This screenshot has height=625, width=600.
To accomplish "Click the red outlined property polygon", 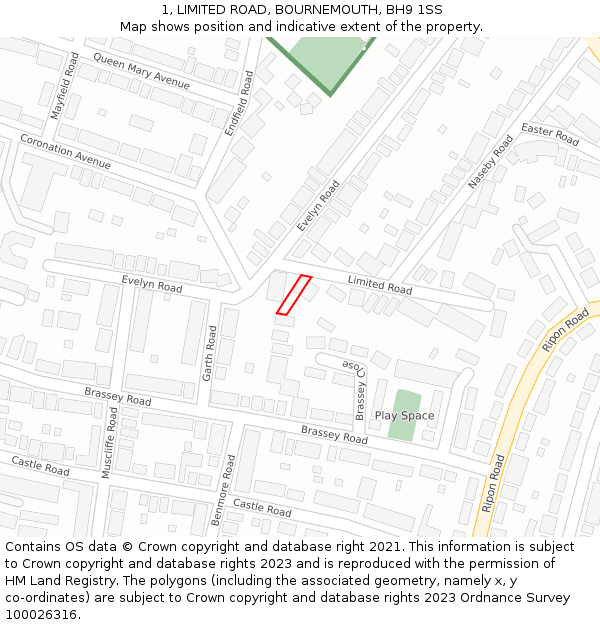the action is point(293,295).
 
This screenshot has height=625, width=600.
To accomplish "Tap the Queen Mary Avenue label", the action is point(141,71).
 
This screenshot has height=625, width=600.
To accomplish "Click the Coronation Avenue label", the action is point(65,151).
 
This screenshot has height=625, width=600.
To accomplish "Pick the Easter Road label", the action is point(550,136).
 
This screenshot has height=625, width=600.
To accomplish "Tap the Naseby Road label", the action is point(490,162).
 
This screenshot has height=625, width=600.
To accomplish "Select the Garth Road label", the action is point(210,353).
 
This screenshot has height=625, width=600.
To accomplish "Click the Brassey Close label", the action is point(360,390).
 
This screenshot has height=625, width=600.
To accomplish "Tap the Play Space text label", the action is point(404,415).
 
